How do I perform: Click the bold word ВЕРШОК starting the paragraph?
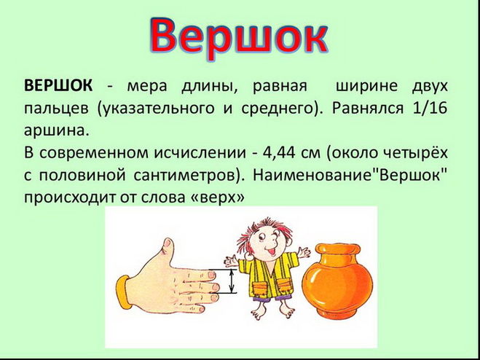coord(58,86)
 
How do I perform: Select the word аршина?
coord(57,132)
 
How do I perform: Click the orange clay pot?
coord(337,281)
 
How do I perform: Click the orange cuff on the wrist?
coord(124,292)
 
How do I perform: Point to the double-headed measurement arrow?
coord(232,281)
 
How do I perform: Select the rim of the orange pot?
coord(338,249)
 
